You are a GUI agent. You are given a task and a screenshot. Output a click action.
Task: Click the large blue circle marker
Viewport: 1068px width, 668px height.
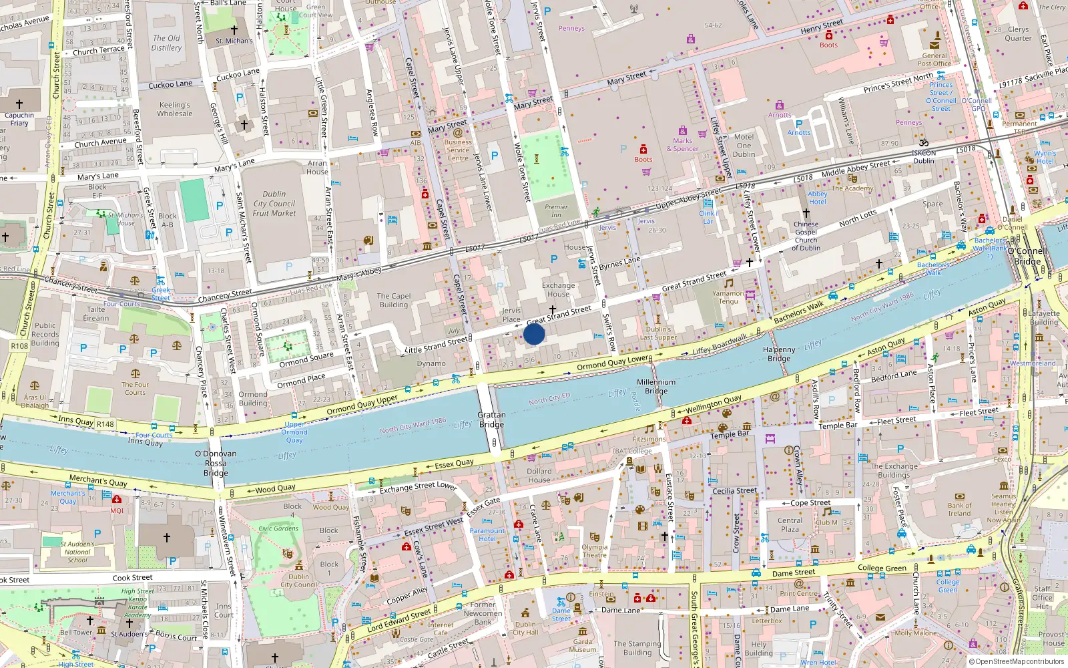click(534, 334)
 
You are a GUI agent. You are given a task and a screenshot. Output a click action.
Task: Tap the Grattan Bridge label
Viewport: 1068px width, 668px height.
click(491, 420)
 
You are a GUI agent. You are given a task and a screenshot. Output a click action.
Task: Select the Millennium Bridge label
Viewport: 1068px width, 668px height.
click(655, 386)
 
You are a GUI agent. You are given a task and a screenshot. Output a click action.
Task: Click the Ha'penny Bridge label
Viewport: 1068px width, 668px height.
click(779, 354)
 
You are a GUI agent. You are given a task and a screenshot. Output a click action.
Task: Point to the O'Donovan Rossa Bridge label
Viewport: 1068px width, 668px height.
click(216, 463)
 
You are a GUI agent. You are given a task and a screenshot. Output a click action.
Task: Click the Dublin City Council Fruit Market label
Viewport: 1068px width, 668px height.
click(274, 204)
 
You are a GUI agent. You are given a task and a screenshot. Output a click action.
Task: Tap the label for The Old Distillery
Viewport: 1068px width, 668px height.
click(166, 43)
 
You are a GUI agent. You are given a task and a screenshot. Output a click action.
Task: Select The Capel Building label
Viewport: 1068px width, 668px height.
click(394, 300)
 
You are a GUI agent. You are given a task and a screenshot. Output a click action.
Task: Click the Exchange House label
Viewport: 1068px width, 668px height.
click(558, 289)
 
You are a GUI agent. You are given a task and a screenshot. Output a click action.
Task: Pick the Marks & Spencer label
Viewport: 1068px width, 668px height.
click(682, 144)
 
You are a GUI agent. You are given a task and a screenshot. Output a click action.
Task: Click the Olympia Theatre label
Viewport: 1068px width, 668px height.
click(594, 550)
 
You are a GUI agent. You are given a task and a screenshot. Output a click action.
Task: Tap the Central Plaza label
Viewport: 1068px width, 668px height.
click(790, 524)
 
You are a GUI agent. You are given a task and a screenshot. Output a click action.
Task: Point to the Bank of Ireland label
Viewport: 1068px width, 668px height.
click(959, 509)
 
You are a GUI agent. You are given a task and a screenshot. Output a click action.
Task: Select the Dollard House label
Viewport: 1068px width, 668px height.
click(539, 475)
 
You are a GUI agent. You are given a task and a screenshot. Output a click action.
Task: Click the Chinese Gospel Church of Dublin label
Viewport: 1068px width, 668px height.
click(806, 236)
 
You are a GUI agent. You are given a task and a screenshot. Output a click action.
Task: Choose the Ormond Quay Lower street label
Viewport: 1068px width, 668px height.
click(613, 363)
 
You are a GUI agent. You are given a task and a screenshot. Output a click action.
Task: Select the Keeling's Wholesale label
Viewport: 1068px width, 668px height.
click(174, 109)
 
